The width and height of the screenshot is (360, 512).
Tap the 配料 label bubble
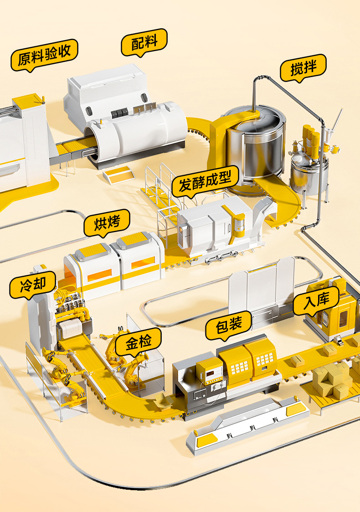tap(144, 42)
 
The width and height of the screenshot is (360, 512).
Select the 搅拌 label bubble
tap(303, 68)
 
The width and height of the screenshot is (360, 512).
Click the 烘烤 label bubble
tap(107, 222)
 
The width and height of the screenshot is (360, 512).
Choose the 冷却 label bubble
tap(33, 285)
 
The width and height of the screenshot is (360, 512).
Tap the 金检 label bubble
tap(139, 342)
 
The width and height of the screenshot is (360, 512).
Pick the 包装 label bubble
tap(228, 326)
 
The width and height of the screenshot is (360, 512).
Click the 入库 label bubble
tap(316, 301)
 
